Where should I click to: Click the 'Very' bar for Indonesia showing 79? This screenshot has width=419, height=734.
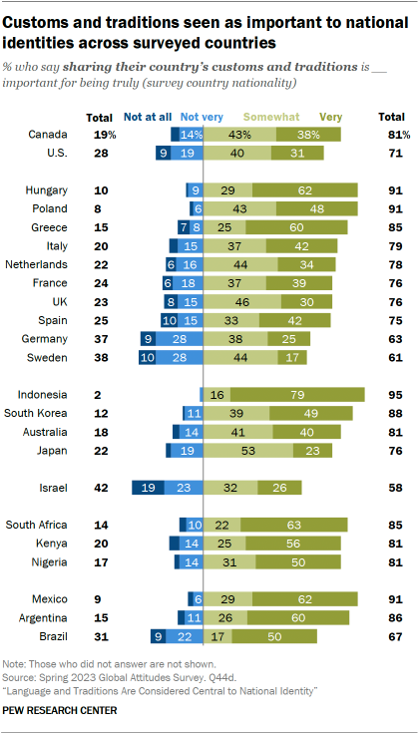point(296,395)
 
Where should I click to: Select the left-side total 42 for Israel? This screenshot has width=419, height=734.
point(101,488)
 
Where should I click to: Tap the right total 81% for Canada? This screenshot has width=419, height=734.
point(385,133)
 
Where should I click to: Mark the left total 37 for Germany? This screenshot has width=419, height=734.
point(101,338)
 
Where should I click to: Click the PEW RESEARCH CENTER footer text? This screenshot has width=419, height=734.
point(60,710)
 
